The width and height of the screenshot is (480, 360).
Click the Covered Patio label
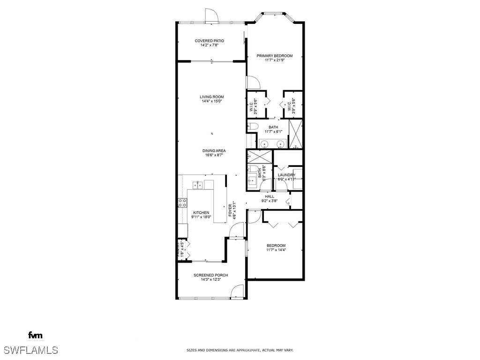(x=209, y=41)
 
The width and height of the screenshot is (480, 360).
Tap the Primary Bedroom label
(x=274, y=56)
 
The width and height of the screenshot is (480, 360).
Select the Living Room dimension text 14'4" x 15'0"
(x=211, y=101)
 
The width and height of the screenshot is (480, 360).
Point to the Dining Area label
(x=214, y=150)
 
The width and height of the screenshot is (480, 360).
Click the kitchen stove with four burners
(x=182, y=203)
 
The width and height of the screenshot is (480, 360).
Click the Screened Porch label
(x=211, y=275)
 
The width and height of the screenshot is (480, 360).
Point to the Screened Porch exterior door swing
(x=238, y=292)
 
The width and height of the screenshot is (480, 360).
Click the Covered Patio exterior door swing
(x=211, y=15)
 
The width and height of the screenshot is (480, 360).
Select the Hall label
(x=270, y=196)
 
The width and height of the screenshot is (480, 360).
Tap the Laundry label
(x=286, y=175)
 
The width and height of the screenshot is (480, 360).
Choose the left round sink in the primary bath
(x=265, y=144)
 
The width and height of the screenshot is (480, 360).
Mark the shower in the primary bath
(x=296, y=134)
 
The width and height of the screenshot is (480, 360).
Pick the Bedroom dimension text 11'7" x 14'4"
(x=276, y=250)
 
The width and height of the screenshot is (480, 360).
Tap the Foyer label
(x=232, y=211)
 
